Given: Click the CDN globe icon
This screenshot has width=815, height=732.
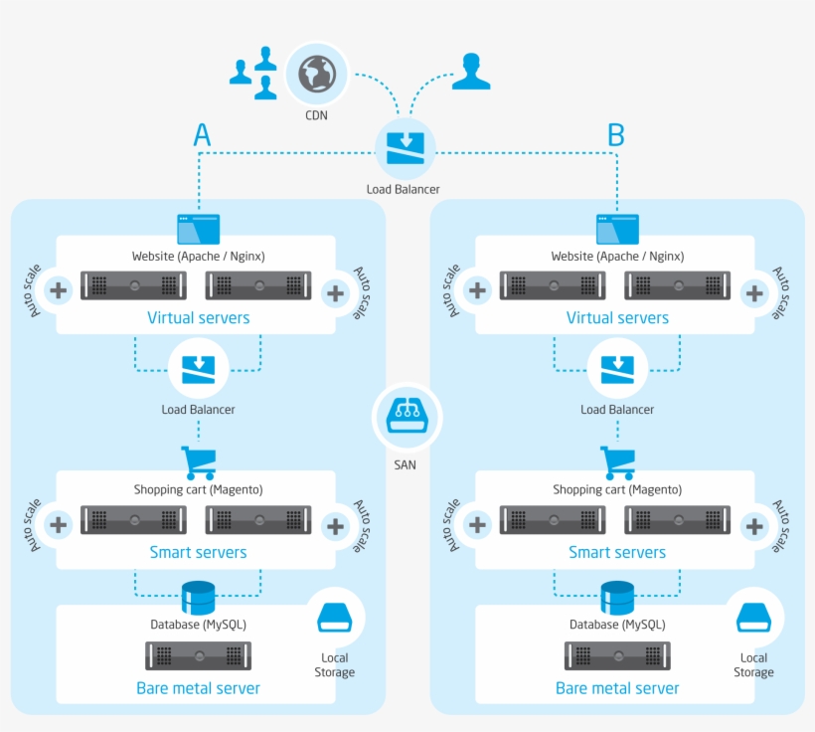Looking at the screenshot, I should click(317, 75).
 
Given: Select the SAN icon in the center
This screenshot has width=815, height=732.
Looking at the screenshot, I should click(406, 417).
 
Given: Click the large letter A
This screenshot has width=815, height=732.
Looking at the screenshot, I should click(202, 135).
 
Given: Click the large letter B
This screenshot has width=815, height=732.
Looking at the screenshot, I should click(616, 135).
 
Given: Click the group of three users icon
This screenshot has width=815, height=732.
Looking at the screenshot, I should click(254, 73).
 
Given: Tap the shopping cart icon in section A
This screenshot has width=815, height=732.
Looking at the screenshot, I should click(199, 462).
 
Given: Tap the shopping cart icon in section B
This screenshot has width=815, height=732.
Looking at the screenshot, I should click(617, 462).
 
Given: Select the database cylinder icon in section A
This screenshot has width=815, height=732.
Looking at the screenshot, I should click(198, 597).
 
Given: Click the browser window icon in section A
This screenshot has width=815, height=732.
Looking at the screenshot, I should click(198, 229).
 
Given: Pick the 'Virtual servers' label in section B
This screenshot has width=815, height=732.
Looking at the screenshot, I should click(617, 318).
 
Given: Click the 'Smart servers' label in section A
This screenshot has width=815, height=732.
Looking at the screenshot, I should click(198, 552).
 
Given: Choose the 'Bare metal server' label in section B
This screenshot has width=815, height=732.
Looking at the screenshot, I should click(617, 688).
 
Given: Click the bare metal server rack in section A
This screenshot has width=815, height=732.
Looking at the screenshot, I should click(198, 655).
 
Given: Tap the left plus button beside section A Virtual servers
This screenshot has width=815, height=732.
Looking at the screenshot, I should click(60, 291).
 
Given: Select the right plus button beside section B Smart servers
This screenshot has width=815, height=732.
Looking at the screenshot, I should click(754, 525).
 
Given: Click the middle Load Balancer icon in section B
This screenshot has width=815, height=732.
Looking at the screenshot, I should click(617, 368).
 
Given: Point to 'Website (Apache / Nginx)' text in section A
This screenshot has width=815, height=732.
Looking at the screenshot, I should click(198, 257).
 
